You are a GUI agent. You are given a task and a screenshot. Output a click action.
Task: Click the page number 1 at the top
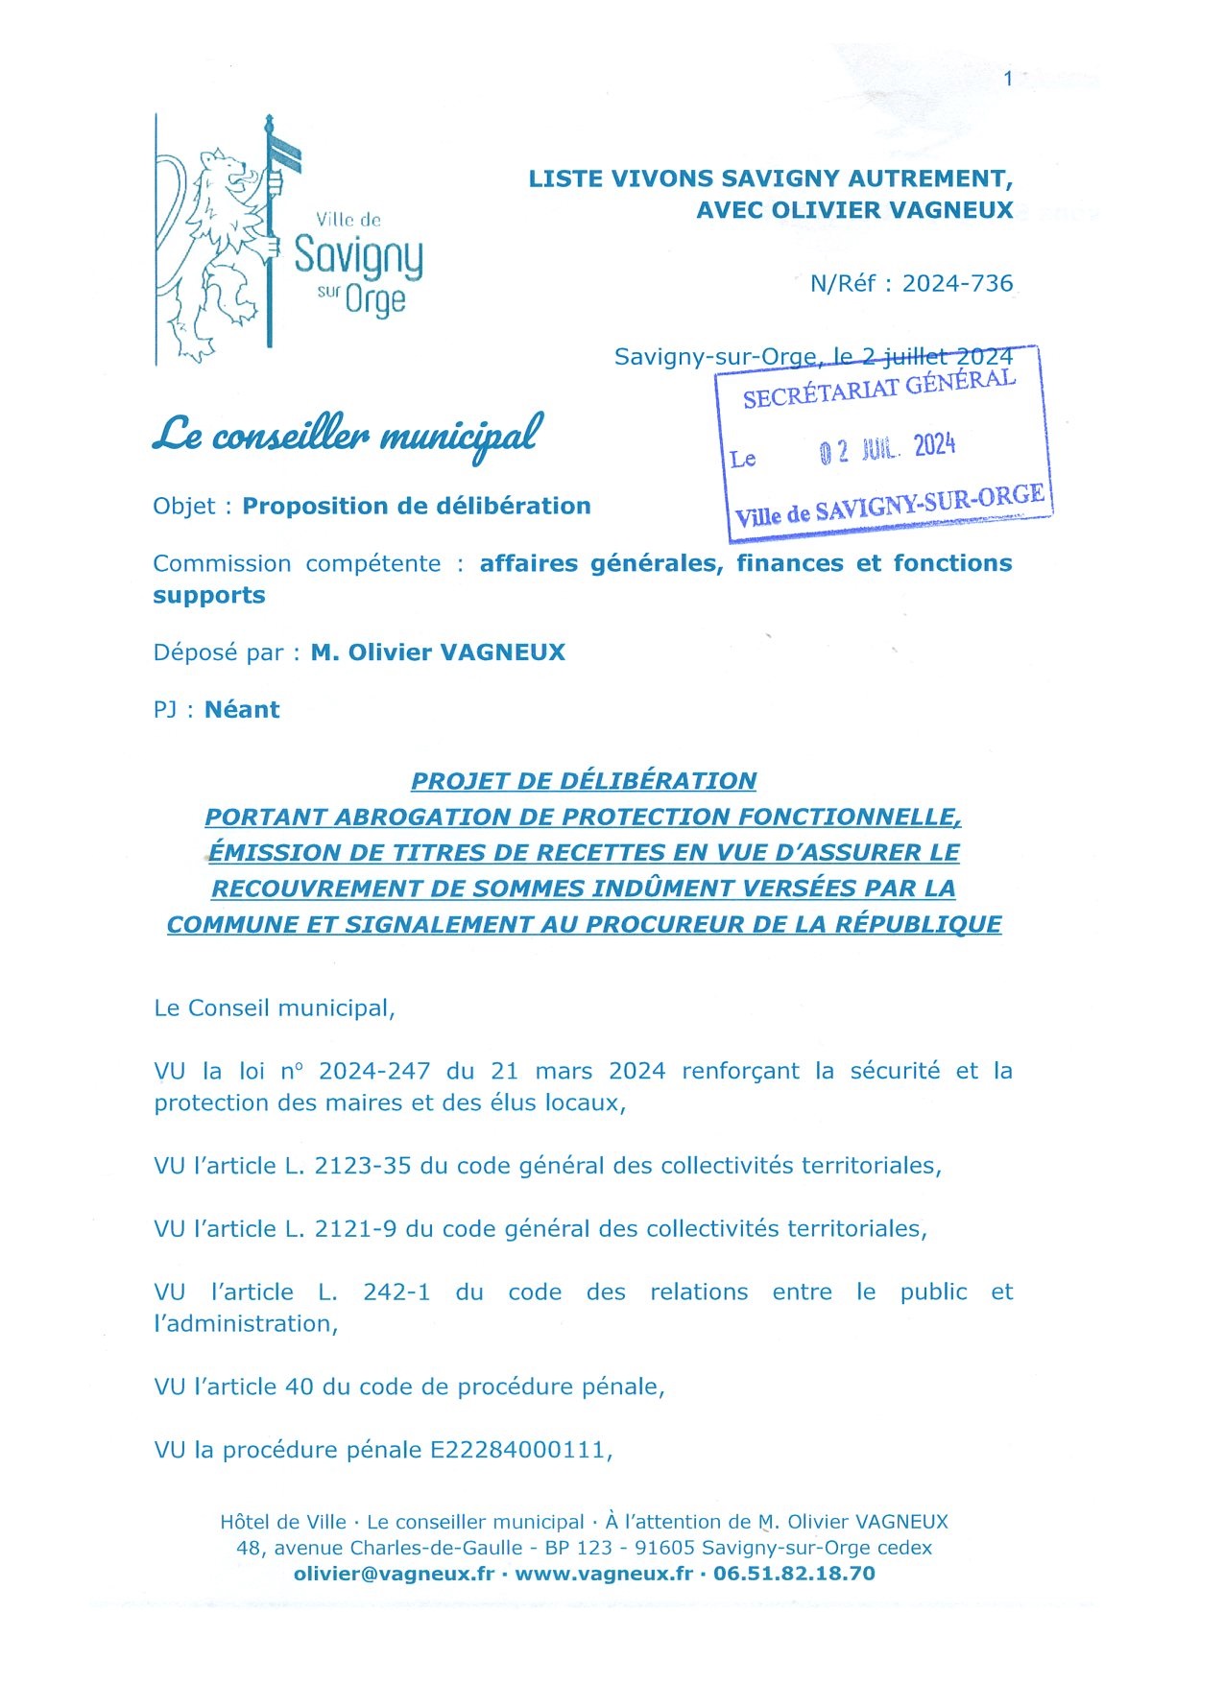pos(1008,79)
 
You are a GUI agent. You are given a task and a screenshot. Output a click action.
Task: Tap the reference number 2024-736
pos(957,283)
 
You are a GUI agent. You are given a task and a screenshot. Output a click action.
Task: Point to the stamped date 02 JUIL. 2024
pos(887,448)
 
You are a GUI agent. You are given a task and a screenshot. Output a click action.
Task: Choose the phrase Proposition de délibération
pos(416,506)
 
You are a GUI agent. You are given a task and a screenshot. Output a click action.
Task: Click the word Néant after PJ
pos(242,709)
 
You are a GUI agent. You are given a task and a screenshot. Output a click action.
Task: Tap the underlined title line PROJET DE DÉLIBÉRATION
pos(584,780)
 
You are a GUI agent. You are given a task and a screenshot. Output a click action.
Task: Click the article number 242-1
pos(396,1292)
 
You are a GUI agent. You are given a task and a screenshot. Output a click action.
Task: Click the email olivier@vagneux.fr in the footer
pos(394,1574)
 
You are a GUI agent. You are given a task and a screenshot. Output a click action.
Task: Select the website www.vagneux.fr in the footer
pos(604,1574)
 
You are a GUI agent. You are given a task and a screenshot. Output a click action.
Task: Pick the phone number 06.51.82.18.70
pos(794,1574)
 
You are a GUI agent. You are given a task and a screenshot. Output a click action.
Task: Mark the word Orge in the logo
pos(375,300)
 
